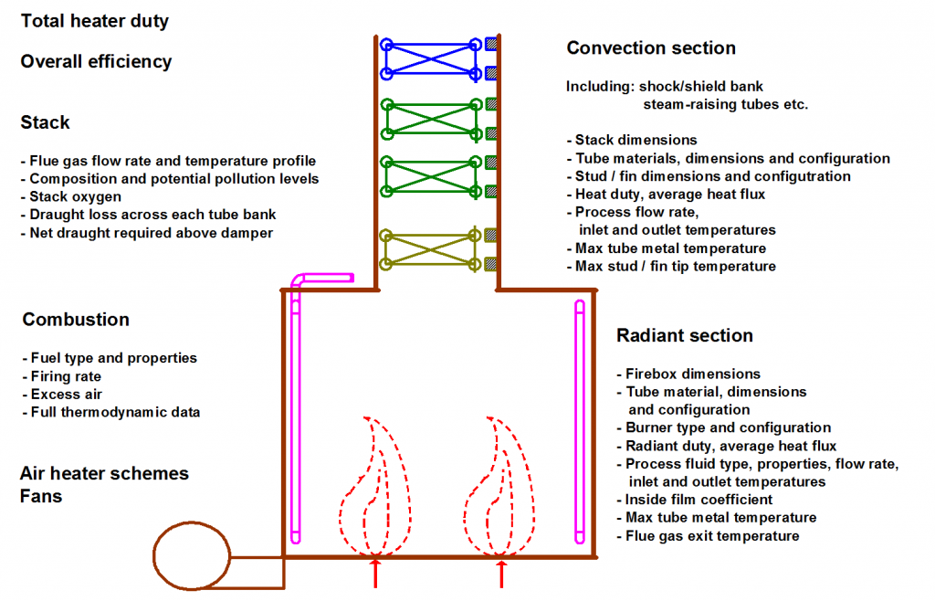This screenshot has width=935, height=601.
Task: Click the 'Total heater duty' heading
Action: tap(95, 21)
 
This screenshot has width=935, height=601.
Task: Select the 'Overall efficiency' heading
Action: tap(96, 62)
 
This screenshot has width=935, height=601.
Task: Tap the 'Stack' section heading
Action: tap(46, 122)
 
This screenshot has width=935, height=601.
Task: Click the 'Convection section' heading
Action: tap(651, 48)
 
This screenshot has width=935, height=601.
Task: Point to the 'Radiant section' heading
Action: tap(685, 336)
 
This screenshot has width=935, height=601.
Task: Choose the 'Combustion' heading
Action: tap(76, 320)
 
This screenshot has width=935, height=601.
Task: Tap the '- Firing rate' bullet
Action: tap(61, 376)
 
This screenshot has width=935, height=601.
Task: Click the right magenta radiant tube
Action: tap(579, 421)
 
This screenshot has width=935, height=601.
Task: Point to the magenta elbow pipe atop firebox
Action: tap(321, 278)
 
